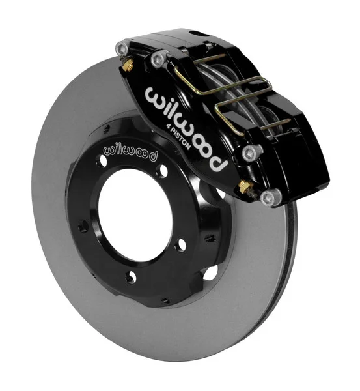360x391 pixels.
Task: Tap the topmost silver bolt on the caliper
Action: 120,47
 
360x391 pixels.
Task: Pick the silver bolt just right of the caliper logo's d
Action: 247,153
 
